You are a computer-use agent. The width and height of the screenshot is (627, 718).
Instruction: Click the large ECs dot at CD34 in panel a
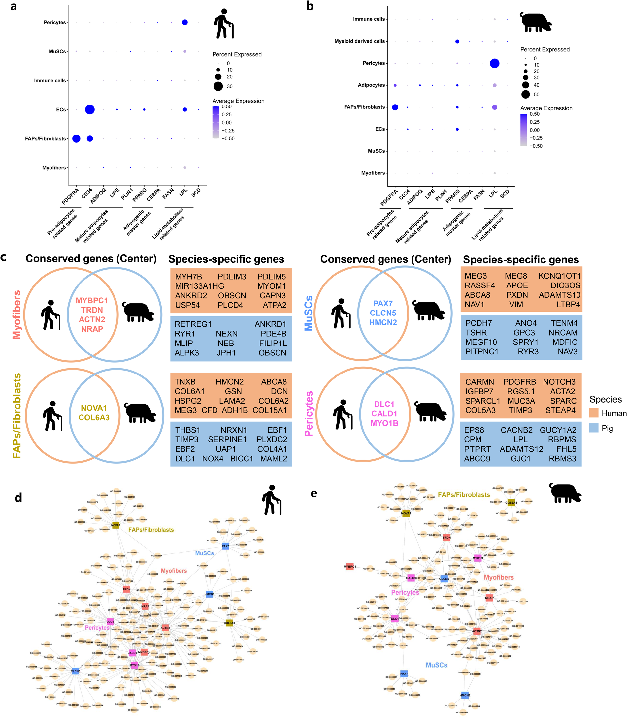point(89,109)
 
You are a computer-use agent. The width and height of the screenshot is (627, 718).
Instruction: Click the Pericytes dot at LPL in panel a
point(185,22)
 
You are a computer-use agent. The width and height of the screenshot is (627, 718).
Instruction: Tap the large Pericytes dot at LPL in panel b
point(494,63)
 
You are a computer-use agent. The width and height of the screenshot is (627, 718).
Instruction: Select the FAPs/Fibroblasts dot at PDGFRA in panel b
point(395,107)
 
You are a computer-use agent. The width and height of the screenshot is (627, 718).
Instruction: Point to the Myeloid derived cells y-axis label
point(359,41)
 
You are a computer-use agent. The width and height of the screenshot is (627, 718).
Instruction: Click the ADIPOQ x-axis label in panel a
point(98,196)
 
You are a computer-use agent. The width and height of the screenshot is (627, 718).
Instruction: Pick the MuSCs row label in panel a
point(57,51)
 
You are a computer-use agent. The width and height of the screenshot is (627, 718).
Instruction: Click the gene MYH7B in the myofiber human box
point(188,277)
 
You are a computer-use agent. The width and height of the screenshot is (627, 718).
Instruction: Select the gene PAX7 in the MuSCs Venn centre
point(383,303)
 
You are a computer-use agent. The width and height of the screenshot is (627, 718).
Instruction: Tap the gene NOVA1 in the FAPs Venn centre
point(94,408)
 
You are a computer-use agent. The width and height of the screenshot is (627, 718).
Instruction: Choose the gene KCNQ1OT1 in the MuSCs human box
point(559,276)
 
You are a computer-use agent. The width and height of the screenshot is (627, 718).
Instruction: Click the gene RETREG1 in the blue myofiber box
point(193,324)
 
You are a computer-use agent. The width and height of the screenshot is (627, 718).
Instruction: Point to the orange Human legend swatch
point(594,413)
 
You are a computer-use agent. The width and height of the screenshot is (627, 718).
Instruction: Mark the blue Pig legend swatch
point(594,428)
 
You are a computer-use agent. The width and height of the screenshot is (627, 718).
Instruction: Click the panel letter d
point(18,498)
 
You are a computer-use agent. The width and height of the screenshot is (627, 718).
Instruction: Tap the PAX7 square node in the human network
point(225,546)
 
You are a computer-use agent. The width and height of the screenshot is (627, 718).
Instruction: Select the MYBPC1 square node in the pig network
point(349,567)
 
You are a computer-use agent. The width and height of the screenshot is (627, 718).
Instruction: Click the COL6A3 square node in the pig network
point(511,503)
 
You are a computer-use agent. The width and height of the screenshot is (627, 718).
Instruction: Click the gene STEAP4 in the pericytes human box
point(560,410)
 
